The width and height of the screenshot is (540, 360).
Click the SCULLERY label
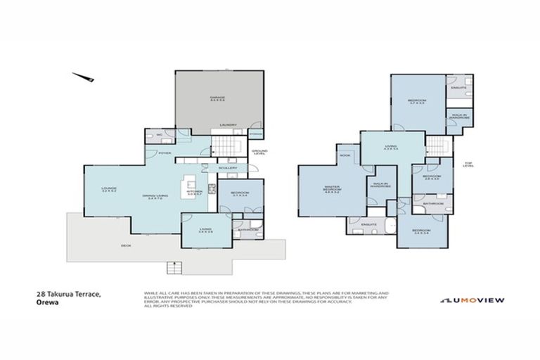pos(228,168)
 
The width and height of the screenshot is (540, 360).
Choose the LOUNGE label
pos(108,188)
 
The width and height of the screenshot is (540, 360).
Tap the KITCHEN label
pos(195,190)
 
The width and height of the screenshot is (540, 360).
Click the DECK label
pos(126,245)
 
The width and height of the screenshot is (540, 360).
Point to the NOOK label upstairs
pos(345,155)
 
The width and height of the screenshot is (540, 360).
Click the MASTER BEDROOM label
pos(332,188)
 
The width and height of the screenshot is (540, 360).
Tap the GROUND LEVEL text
pos(259,151)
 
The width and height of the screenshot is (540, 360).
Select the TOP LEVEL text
pos(469,165)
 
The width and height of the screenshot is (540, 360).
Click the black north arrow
pos(84,77)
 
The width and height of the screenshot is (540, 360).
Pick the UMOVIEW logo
pos(472,300)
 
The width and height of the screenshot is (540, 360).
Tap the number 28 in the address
pos(40,296)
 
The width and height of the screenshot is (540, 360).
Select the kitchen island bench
pos(189,186)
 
